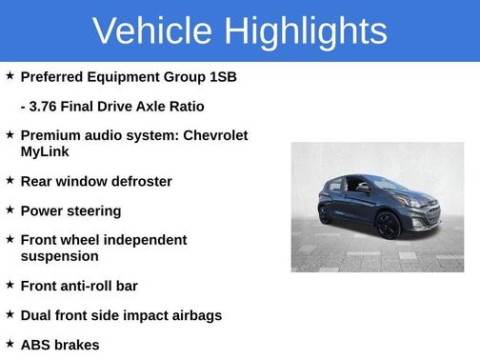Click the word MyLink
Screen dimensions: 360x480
[45, 151]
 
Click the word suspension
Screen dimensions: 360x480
[59, 256]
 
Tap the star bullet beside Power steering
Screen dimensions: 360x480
[10, 209]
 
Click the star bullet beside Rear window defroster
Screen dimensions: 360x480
[10, 179]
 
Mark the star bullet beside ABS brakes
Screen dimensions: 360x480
[10, 342]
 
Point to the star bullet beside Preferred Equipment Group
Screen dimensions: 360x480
[10, 75]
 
